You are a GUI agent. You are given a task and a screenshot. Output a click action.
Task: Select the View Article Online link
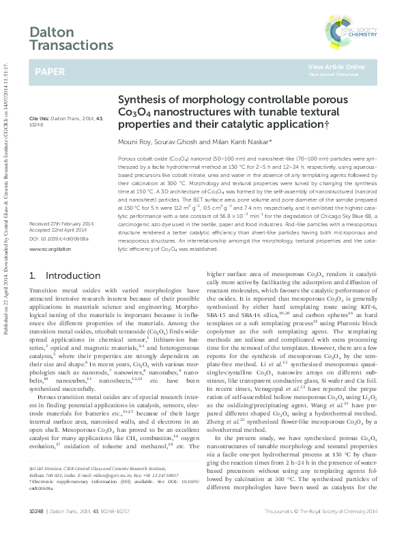pos(336,67)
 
